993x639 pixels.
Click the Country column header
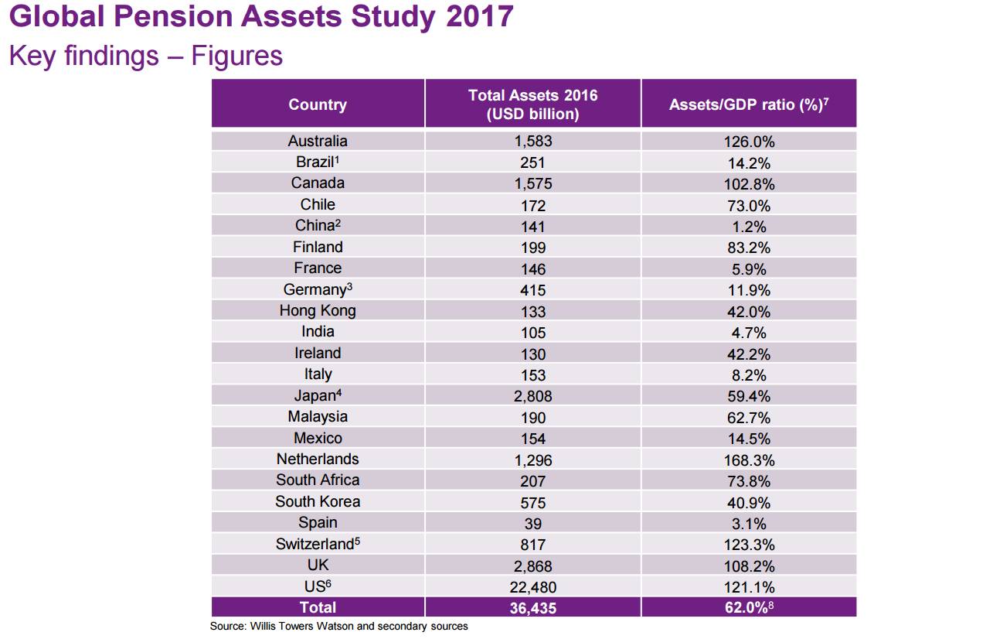318,104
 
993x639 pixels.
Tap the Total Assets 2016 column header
532,104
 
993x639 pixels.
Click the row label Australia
318,141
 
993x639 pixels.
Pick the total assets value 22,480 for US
532,587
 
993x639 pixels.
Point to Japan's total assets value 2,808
532,396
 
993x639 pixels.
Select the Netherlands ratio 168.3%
748,460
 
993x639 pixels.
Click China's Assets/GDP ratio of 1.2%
748,227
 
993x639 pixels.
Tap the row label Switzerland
318,544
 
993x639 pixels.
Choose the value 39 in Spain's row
532,524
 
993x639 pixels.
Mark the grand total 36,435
532,608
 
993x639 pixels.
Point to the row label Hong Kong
318,311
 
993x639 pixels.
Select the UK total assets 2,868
532,566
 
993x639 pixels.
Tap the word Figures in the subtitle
236,56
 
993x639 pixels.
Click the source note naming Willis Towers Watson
338,626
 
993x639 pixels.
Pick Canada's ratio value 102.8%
748,184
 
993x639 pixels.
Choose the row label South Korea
318,502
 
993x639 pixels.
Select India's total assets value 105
532,333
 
